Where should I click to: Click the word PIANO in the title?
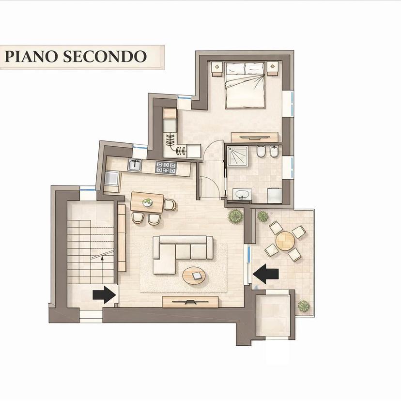point(31,57)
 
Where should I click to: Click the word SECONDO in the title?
point(105,57)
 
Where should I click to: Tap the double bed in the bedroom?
point(245,85)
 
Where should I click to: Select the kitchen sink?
point(135,165)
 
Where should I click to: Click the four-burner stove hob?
point(166,168)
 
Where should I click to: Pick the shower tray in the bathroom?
point(238,156)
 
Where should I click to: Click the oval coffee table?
point(194,277)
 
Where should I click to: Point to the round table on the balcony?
point(285,241)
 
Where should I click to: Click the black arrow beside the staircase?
point(104,295)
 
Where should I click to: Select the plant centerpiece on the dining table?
point(147,202)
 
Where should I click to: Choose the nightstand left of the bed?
point(217,69)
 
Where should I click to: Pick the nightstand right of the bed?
point(273,68)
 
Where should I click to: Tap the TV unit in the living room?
point(190,302)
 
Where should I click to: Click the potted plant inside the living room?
point(235,216)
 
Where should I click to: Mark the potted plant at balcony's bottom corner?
point(304,306)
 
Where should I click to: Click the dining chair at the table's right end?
point(170,205)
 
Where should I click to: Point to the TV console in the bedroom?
point(254,137)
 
